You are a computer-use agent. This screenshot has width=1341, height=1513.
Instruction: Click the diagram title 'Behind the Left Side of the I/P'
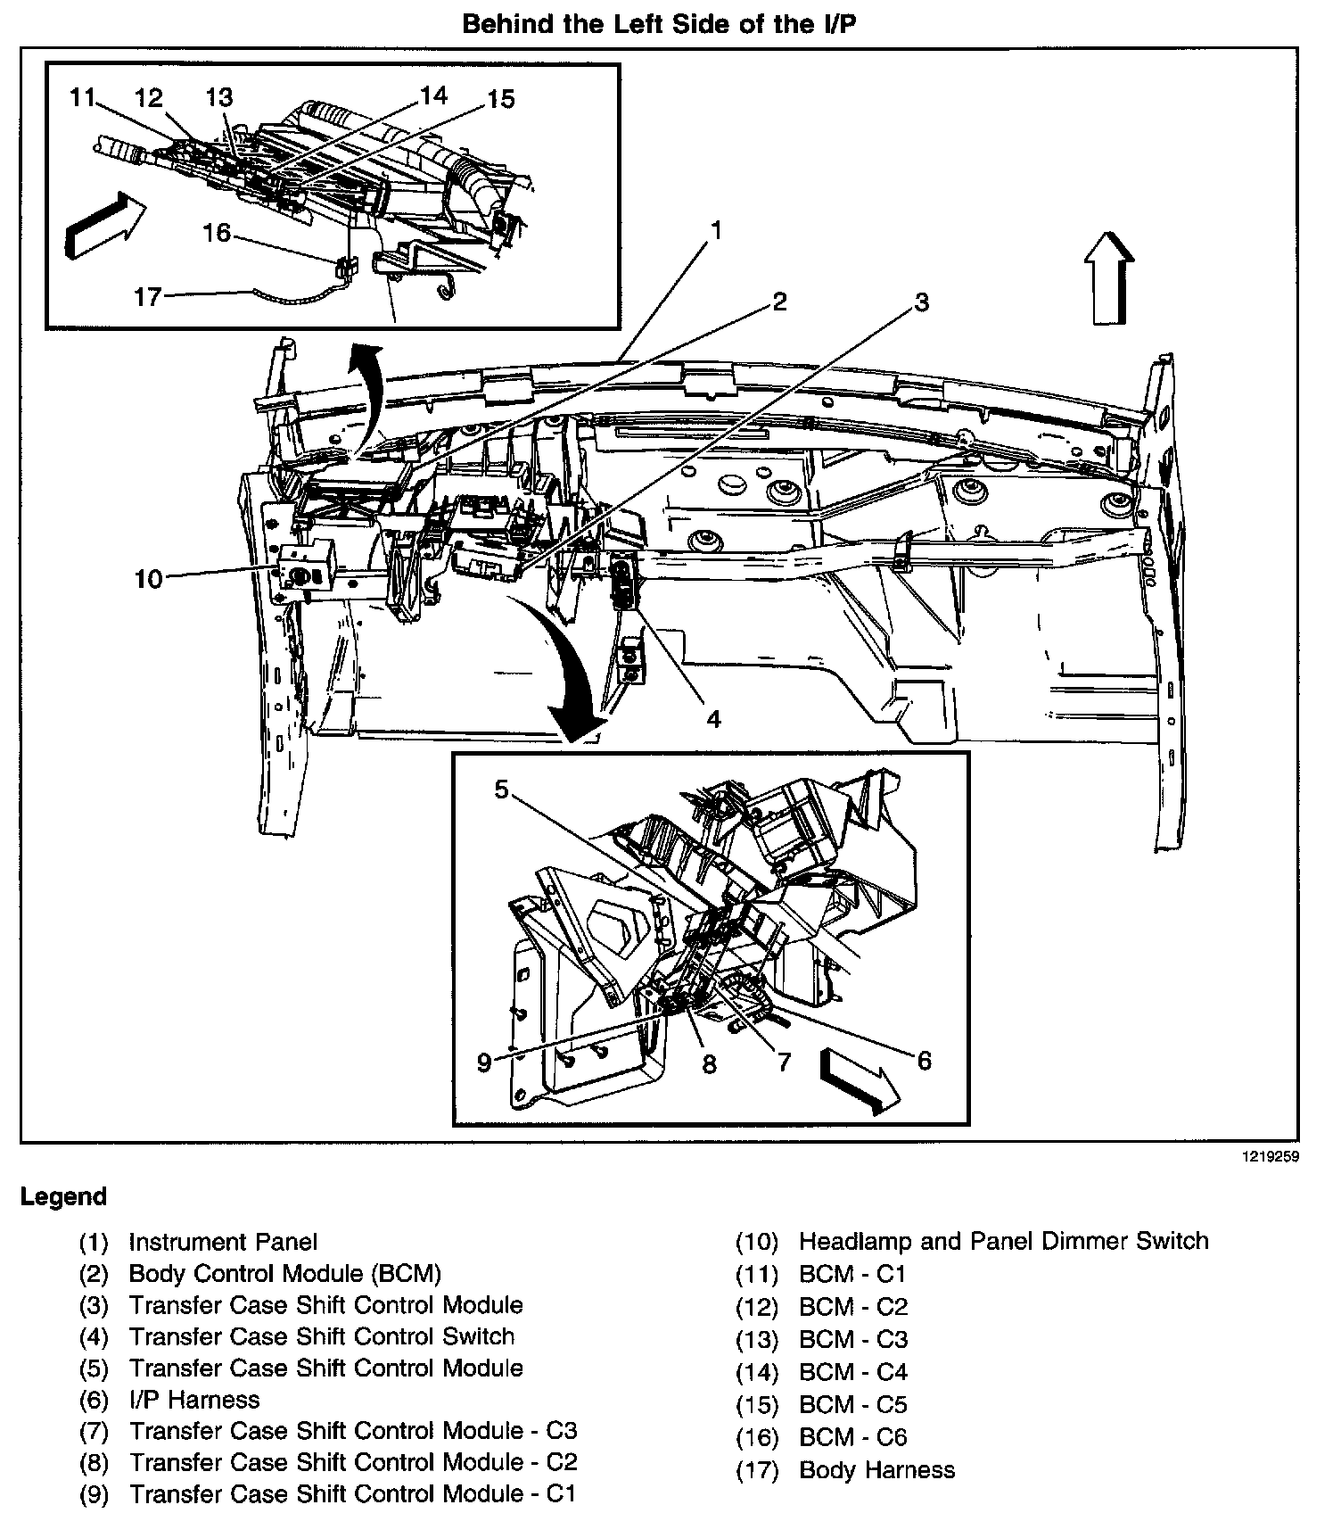click(660, 24)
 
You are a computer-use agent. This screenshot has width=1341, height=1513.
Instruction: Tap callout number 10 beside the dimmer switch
click(149, 579)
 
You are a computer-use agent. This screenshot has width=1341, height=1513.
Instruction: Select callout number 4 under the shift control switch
click(713, 718)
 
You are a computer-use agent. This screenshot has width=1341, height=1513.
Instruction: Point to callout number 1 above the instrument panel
click(715, 230)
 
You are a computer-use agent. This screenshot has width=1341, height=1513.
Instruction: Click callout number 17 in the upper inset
click(147, 296)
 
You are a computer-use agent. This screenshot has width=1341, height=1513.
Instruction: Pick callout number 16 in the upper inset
click(216, 234)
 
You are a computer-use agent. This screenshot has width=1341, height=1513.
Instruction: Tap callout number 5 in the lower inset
click(502, 790)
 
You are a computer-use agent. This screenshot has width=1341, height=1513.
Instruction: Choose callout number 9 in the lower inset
click(484, 1062)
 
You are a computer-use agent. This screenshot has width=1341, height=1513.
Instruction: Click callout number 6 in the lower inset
click(924, 1060)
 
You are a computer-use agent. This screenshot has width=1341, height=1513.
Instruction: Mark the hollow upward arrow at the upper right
click(1108, 277)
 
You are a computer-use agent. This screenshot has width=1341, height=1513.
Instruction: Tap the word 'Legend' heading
click(64, 1196)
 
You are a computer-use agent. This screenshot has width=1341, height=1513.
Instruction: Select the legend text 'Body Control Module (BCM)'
click(284, 1273)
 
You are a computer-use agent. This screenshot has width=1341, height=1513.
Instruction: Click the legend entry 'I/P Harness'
click(194, 1399)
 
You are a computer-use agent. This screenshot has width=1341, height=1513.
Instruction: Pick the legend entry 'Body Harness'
click(876, 1469)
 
